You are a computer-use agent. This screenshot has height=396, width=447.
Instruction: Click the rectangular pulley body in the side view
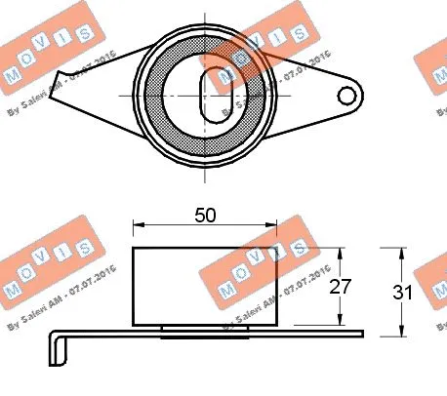pyautogui.click(x=185, y=288)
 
